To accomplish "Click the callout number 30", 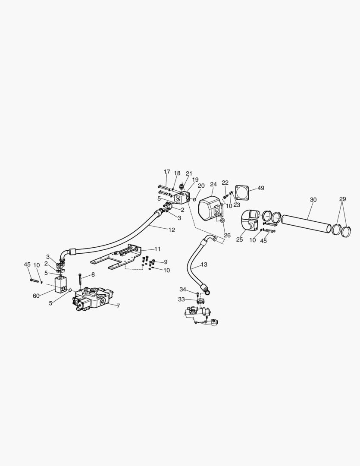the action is (313, 200).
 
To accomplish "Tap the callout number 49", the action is (261, 188).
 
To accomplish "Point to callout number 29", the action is (342, 199).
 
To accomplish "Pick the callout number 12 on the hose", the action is (172, 230).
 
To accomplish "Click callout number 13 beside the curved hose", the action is (204, 264).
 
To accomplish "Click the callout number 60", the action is (36, 296).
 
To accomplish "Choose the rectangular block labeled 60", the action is (61, 285).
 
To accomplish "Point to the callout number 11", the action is (157, 249).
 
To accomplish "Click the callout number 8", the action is (93, 274).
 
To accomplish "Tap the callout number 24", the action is (213, 184).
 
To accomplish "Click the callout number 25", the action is (239, 239).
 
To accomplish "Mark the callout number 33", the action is (181, 299).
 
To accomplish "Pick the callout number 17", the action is (167, 172).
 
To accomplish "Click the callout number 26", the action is (227, 236).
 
